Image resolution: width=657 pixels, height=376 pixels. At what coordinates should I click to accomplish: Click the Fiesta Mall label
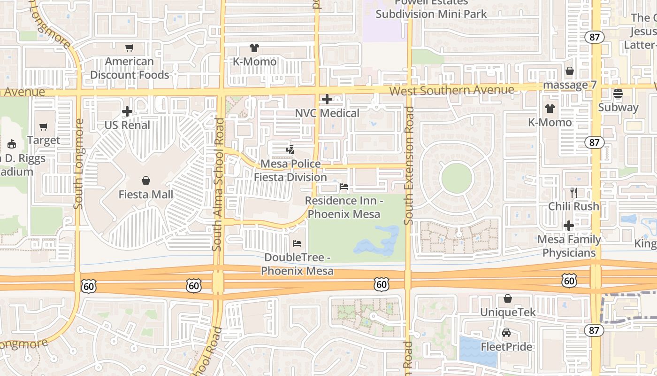click(146, 195)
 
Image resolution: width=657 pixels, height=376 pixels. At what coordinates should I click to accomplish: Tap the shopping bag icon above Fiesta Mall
click(146, 180)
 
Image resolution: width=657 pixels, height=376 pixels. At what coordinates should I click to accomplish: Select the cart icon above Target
click(44, 126)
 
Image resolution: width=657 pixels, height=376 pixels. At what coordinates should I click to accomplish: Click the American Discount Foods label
click(130, 68)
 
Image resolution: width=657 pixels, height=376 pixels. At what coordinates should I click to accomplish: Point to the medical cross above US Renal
click(127, 111)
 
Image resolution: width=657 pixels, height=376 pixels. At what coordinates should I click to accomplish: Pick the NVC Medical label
click(327, 113)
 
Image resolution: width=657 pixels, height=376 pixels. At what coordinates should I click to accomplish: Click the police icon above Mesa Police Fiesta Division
click(290, 150)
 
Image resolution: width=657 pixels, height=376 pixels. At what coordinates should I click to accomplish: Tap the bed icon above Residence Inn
click(344, 187)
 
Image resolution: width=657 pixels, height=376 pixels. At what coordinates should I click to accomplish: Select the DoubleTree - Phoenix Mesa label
click(298, 264)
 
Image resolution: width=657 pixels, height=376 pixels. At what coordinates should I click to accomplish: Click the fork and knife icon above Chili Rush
click(573, 192)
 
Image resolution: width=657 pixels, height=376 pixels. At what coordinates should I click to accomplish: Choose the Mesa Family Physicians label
click(569, 246)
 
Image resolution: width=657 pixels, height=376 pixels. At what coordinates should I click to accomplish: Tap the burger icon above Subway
click(618, 93)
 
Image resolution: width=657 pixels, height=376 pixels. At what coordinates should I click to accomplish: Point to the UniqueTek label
click(508, 313)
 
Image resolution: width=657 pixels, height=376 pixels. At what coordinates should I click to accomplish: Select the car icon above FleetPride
click(506, 333)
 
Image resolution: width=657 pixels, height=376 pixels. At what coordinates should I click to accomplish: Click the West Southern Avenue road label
click(451, 90)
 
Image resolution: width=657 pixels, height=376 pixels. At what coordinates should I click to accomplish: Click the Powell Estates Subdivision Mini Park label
click(431, 8)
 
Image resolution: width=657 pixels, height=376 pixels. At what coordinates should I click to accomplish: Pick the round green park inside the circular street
click(457, 179)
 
